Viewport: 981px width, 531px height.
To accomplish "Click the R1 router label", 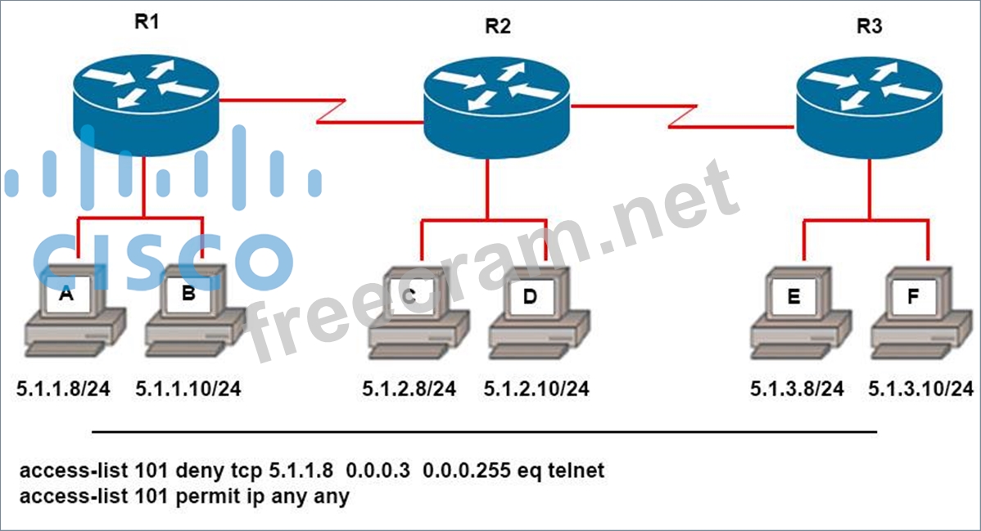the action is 147,22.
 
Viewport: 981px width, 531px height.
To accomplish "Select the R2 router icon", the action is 497,107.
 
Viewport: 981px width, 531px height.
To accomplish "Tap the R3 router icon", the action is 869,107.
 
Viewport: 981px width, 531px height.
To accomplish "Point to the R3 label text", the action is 870,26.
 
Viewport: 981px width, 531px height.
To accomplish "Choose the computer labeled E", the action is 801,313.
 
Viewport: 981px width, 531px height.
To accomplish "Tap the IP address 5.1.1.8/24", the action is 63,389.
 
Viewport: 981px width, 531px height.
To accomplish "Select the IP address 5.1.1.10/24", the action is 188,389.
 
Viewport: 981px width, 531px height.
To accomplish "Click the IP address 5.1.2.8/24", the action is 409,389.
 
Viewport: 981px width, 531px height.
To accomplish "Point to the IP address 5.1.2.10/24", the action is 536,389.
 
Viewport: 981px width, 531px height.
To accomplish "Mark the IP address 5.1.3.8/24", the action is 797,389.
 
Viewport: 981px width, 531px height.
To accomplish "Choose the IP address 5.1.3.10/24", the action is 921,389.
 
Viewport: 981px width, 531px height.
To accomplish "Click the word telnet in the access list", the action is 576,470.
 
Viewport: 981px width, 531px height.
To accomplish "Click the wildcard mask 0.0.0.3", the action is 378,470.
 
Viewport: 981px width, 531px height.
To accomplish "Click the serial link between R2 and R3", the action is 683,116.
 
